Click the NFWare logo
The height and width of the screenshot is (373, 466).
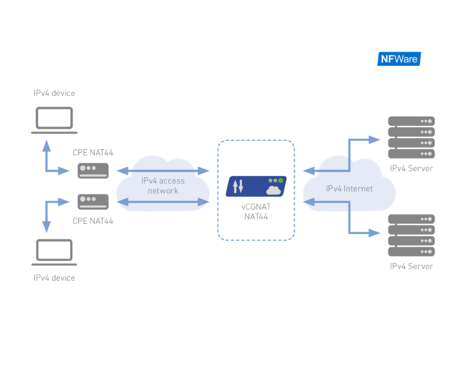click(399, 59)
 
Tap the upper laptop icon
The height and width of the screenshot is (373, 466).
click(54, 120)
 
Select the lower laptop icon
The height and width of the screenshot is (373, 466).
click(54, 253)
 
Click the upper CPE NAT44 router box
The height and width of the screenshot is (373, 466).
click(93, 171)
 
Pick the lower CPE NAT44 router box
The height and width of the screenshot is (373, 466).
click(93, 201)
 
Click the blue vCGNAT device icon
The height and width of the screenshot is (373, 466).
click(256, 186)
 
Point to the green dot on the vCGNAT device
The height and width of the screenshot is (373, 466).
click(281, 181)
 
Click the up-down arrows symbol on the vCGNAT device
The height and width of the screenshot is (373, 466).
click(238, 186)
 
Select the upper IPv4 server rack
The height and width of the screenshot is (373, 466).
click(411, 137)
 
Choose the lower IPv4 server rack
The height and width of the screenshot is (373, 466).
click(411, 235)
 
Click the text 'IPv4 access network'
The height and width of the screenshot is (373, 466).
click(163, 186)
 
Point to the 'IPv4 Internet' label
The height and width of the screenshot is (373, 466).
click(349, 188)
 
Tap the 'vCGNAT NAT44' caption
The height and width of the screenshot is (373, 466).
click(256, 211)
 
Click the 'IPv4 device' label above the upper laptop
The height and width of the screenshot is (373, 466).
click(54, 93)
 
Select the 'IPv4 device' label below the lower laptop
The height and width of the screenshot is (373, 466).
click(54, 278)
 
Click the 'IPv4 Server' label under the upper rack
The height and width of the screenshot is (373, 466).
click(411, 168)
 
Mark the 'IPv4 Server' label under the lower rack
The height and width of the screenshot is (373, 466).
click(411, 266)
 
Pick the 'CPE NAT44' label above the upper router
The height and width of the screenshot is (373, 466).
click(93, 152)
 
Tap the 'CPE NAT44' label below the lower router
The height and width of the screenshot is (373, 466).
click(93, 221)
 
